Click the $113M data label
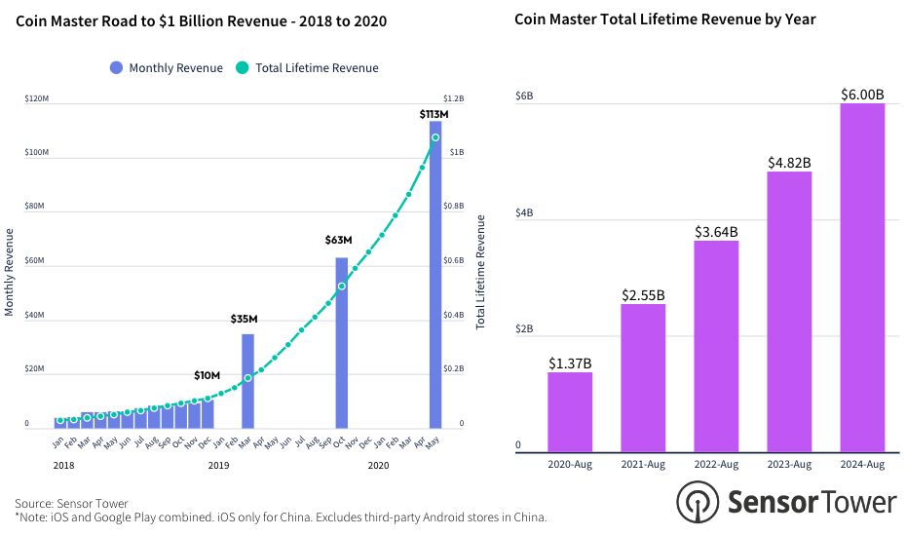(434, 114)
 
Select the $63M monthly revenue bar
(342, 342)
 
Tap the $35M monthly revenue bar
(247, 381)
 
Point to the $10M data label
(207, 375)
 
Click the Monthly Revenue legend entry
(165, 68)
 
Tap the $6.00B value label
(862, 95)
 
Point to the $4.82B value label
(789, 163)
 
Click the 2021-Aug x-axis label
(643, 465)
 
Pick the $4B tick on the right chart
(523, 212)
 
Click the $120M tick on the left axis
(37, 99)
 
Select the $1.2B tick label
(454, 99)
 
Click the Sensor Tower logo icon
(698, 502)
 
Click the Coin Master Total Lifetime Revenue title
(664, 19)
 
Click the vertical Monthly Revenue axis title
(10, 272)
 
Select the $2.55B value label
(643, 295)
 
